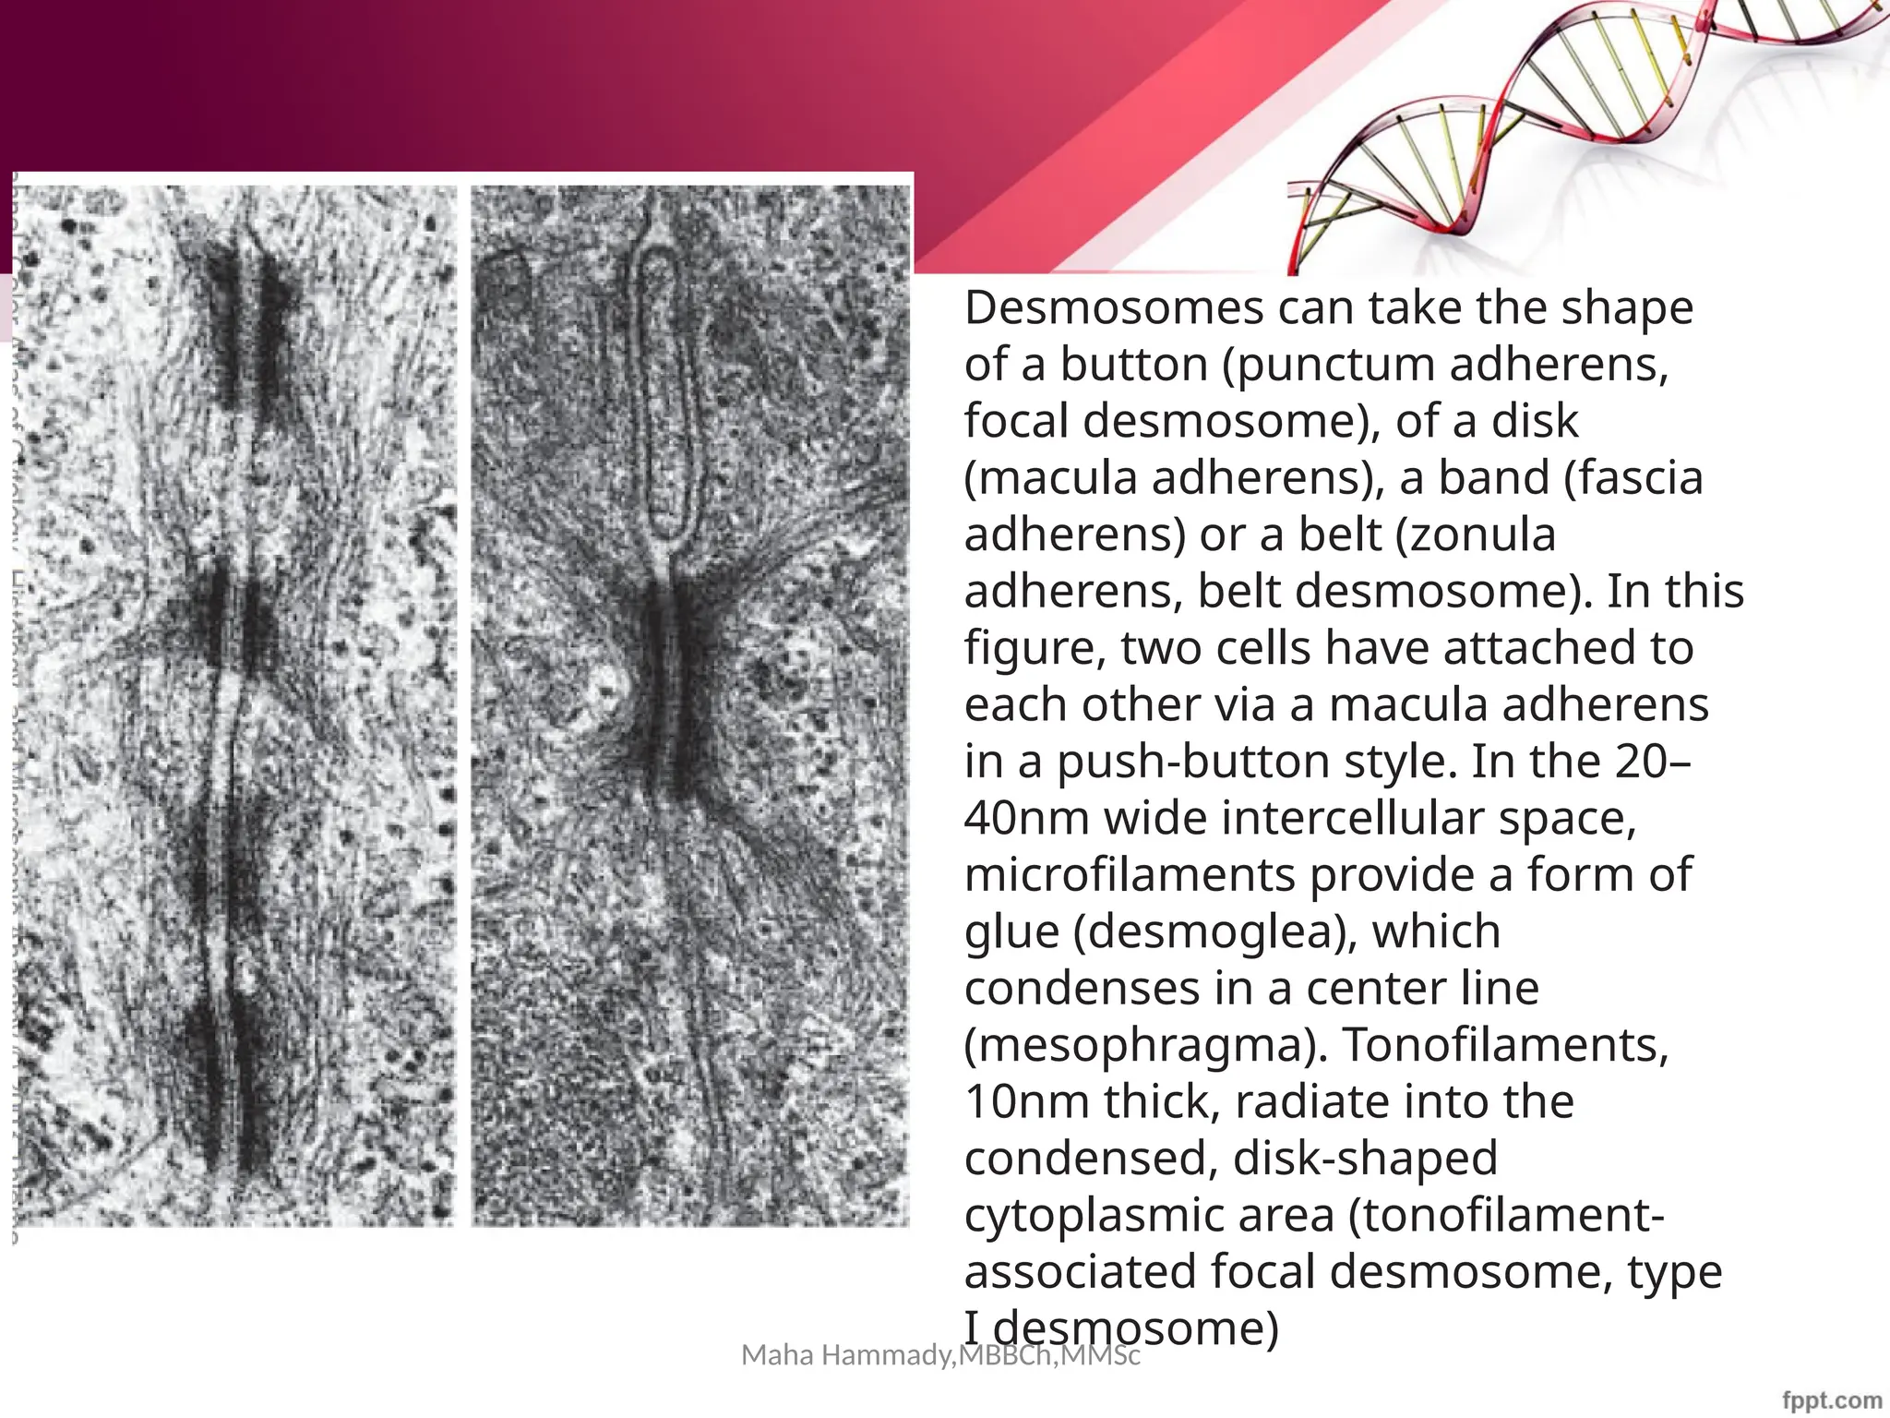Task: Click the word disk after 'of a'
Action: click(1533, 421)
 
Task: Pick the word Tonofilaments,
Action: click(1506, 1045)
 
